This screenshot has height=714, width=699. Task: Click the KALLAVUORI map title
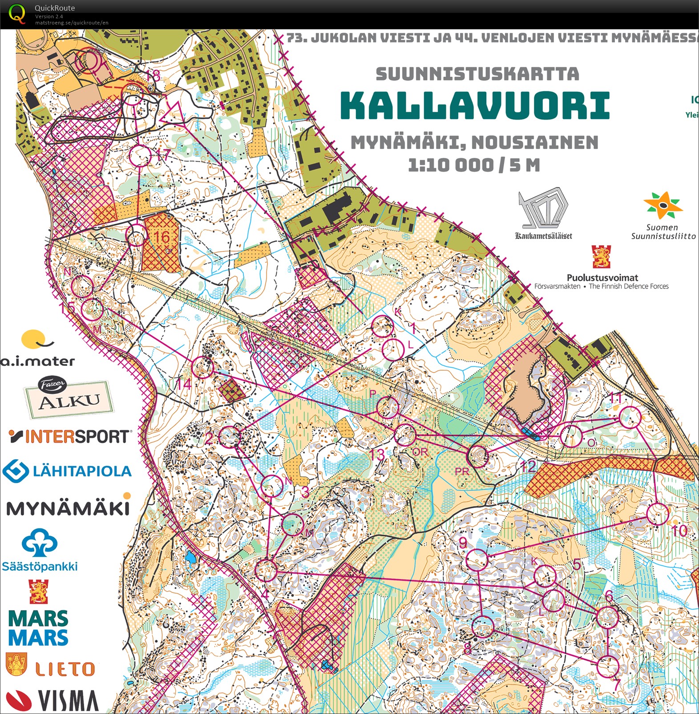coord(475,106)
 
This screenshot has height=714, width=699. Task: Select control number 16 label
coord(162,237)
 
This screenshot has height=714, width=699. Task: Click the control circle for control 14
coord(203,368)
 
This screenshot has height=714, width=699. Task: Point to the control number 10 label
coord(679,531)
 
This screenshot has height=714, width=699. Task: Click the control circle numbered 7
coord(607,666)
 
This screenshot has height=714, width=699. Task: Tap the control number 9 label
coord(463,543)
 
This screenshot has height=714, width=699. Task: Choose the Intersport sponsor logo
coord(70,436)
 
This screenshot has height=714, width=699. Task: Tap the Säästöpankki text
coord(40,566)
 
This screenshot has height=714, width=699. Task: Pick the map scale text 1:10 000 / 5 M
coord(474,166)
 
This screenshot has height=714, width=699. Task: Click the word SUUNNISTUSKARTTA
coord(477,74)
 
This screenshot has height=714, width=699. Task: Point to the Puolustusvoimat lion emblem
coord(601,257)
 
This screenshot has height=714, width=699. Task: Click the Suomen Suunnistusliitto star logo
coord(663,206)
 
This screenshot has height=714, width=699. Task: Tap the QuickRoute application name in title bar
coord(55,8)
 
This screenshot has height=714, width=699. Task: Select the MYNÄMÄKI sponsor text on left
coord(68,508)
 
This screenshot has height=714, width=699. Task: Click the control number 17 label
coord(163,155)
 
